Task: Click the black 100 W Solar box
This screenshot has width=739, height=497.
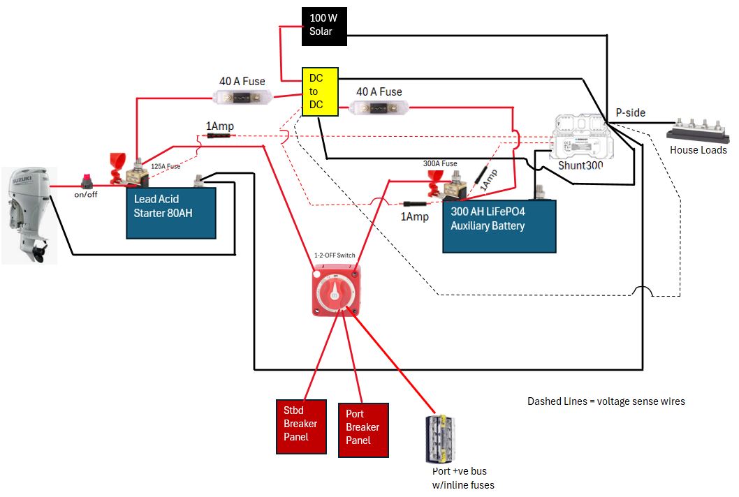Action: click(x=323, y=26)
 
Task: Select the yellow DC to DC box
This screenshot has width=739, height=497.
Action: click(x=320, y=91)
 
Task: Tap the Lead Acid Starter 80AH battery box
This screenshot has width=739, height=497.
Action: click(x=170, y=212)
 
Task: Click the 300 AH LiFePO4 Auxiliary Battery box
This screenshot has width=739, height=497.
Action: click(x=499, y=225)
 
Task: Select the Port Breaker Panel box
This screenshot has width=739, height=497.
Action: click(x=363, y=430)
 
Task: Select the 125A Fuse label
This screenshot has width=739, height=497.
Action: click(x=166, y=166)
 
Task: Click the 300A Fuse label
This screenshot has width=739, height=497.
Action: click(x=439, y=163)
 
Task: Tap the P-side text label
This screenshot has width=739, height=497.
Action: click(x=630, y=112)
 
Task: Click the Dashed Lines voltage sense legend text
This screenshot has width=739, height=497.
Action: click(x=606, y=401)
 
